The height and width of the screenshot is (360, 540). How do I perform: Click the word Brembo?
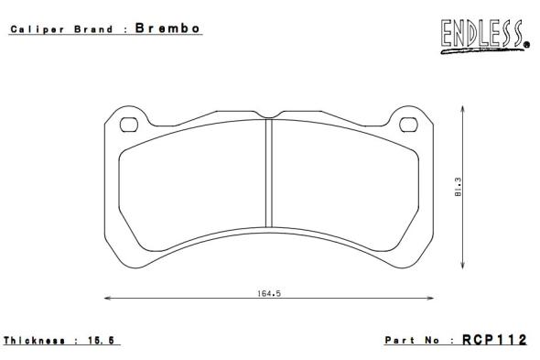point(167,27)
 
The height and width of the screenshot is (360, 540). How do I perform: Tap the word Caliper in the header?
point(38,29)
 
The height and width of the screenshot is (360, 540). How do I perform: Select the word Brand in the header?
point(93,29)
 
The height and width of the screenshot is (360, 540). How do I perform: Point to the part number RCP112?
point(494,340)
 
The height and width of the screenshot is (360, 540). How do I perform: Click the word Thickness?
point(34,341)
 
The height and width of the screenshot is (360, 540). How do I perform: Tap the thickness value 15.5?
point(101,341)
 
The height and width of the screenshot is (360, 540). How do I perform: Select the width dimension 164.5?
point(269,293)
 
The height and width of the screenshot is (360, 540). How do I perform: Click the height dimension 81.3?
point(458,187)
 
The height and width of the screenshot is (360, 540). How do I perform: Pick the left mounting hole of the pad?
point(129,125)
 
